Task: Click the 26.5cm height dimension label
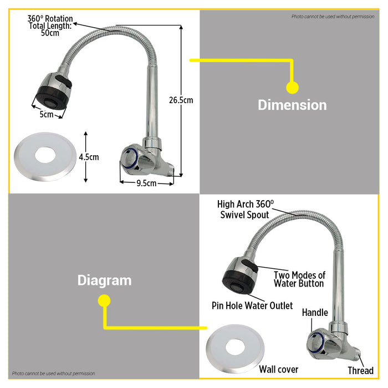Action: tap(181, 100)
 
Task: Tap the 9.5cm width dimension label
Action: tap(146, 183)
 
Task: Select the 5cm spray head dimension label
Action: tap(46, 115)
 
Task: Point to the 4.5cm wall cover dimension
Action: tap(89, 157)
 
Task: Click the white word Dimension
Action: tap(292, 105)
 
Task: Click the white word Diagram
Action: tap(104, 280)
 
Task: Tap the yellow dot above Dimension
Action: tap(292, 87)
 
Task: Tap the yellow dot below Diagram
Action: tap(104, 300)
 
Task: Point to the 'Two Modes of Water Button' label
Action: tap(299, 279)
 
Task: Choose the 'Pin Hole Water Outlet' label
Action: tap(252, 305)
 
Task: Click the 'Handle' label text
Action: tap(315, 313)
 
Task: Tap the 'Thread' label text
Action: tap(360, 370)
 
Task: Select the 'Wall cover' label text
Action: tap(279, 369)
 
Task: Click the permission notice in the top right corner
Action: tap(333, 17)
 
